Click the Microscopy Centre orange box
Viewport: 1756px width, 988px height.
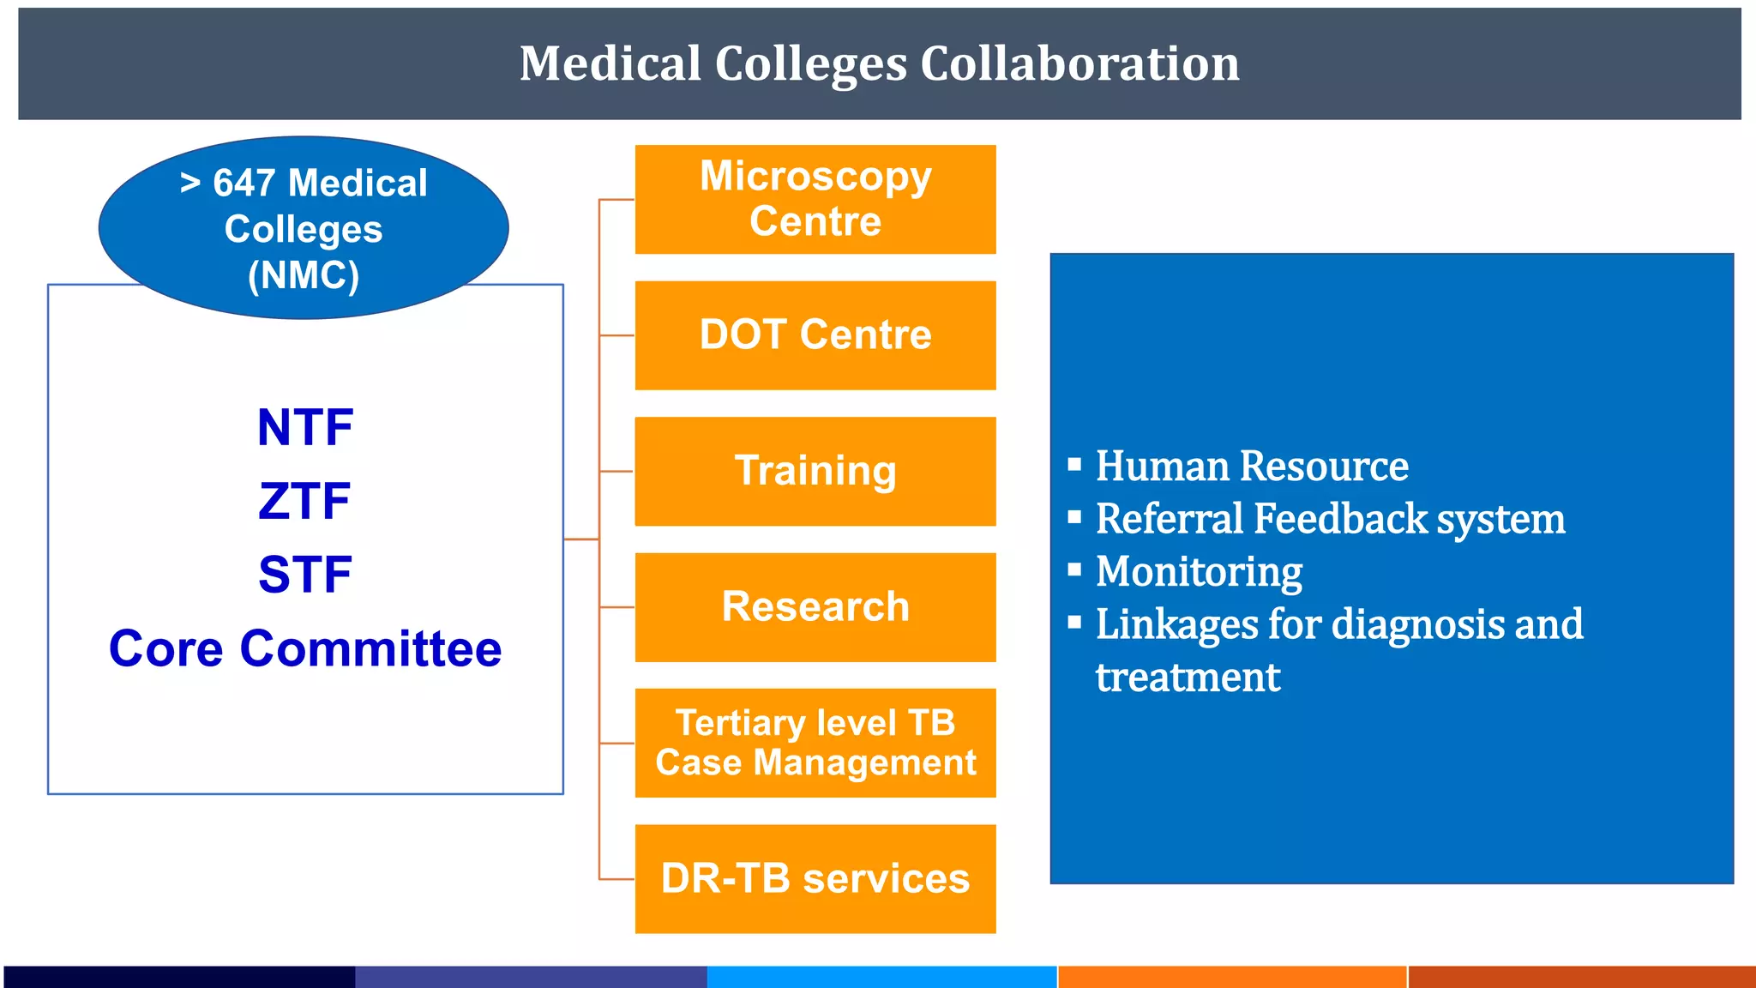(x=815, y=199)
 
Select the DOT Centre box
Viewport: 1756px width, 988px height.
(x=815, y=335)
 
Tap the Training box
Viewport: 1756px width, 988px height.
(x=815, y=471)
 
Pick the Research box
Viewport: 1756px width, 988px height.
(x=815, y=607)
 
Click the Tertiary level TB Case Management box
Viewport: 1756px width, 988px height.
(x=815, y=743)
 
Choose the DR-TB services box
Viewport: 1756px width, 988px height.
(x=815, y=879)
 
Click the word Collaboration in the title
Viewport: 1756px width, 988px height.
(x=1079, y=64)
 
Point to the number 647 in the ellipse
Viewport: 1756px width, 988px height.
(x=244, y=184)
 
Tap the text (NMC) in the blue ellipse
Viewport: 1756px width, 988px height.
(x=304, y=276)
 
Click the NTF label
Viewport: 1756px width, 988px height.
(x=305, y=428)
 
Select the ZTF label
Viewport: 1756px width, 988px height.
(x=304, y=502)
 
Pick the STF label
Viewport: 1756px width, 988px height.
(x=305, y=575)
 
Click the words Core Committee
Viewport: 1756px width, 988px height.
(x=305, y=649)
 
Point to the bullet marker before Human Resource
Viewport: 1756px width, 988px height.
(x=1074, y=466)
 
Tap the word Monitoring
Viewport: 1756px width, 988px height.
(x=1199, y=572)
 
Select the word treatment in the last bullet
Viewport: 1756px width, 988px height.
(x=1188, y=678)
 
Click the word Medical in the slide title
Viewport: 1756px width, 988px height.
(x=610, y=64)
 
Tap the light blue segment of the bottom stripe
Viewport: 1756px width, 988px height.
(x=881, y=977)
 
